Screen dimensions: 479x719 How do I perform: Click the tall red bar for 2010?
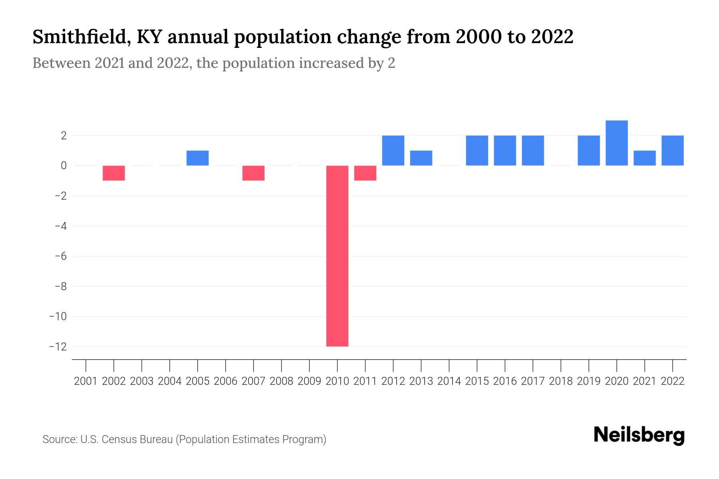pyautogui.click(x=337, y=255)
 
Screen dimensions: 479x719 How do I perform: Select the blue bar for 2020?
pyautogui.click(x=616, y=143)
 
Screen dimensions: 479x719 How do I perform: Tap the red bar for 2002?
pyautogui.click(x=114, y=173)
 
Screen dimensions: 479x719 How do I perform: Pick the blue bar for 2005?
pyautogui.click(x=197, y=158)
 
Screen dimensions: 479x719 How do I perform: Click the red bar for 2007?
pyautogui.click(x=253, y=173)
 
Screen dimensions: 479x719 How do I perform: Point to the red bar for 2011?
pyautogui.click(x=365, y=173)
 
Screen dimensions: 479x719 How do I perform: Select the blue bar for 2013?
pyautogui.click(x=421, y=158)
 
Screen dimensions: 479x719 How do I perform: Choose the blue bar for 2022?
pyautogui.click(x=672, y=150)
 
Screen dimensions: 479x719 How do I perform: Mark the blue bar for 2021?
pyautogui.click(x=644, y=158)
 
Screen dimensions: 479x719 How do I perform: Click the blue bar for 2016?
pyautogui.click(x=505, y=150)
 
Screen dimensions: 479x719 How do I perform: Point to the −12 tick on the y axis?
pyautogui.click(x=58, y=346)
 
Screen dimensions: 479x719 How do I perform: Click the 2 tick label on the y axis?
pyautogui.click(x=63, y=136)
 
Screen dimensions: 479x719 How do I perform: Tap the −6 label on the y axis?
pyautogui.click(x=60, y=256)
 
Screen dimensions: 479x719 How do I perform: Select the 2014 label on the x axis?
pyautogui.click(x=449, y=381)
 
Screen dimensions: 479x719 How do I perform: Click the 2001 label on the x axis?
pyautogui.click(x=86, y=381)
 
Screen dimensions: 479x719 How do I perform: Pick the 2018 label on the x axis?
pyautogui.click(x=561, y=381)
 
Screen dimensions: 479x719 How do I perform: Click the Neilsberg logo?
pyautogui.click(x=639, y=435)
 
